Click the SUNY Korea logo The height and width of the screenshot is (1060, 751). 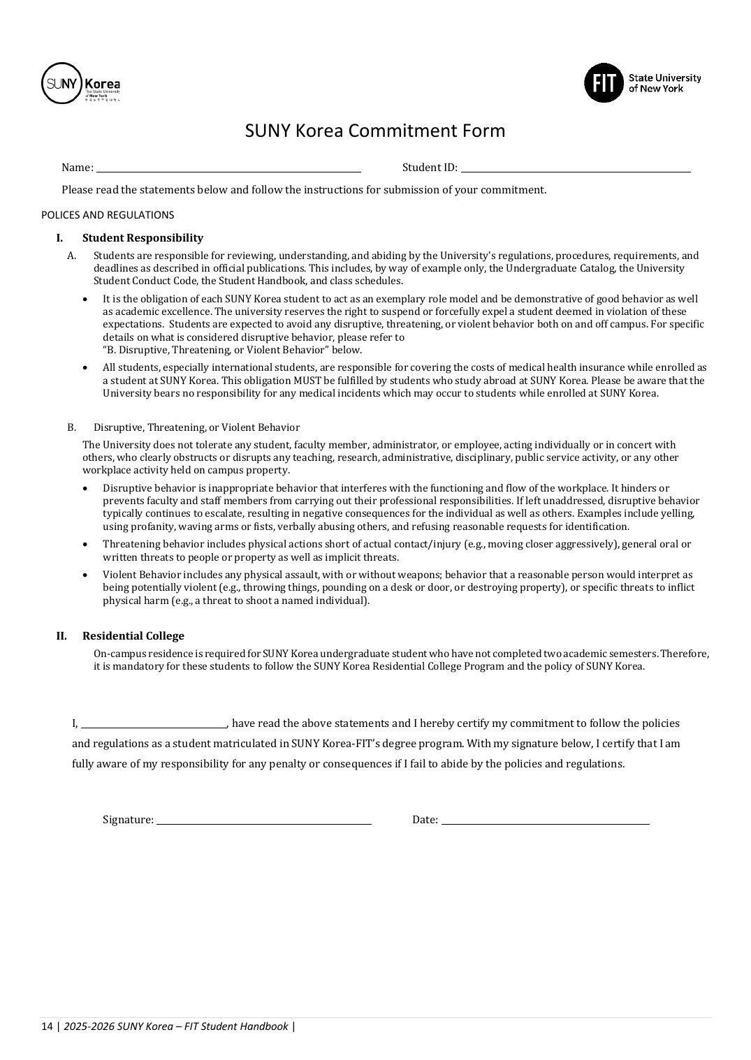click(x=80, y=83)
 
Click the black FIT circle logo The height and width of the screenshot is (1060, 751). click(x=603, y=83)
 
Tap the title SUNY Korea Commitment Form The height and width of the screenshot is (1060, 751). click(x=374, y=131)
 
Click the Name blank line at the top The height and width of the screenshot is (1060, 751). click(x=228, y=168)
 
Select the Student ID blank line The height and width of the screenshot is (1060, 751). click(x=575, y=168)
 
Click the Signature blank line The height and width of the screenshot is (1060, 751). click(x=263, y=820)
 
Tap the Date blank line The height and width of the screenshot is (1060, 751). click(x=545, y=820)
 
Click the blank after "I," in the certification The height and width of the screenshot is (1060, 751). click(x=154, y=724)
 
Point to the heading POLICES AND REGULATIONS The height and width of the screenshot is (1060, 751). click(x=108, y=215)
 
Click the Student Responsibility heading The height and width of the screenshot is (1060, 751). click(x=143, y=238)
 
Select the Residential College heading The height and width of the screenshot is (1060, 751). click(x=133, y=636)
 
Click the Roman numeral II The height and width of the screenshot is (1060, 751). click(x=61, y=636)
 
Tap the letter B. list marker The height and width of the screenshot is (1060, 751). click(x=71, y=427)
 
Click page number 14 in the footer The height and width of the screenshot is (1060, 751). click(x=47, y=1026)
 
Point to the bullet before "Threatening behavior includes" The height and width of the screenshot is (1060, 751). click(x=85, y=544)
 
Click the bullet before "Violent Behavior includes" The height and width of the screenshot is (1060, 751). click(x=85, y=575)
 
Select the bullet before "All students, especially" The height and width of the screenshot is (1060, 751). click(x=85, y=367)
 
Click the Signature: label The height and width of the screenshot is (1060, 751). click(x=128, y=820)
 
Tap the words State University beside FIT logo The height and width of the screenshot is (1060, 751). click(x=664, y=78)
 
